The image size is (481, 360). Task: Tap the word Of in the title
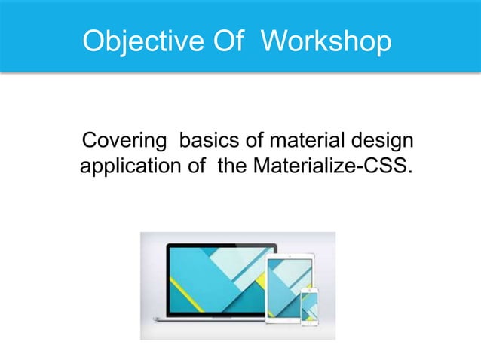click(x=219, y=42)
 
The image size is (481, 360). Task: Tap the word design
click(x=384, y=142)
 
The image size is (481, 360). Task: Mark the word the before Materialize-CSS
click(x=232, y=164)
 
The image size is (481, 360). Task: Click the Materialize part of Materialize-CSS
click(x=309, y=164)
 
